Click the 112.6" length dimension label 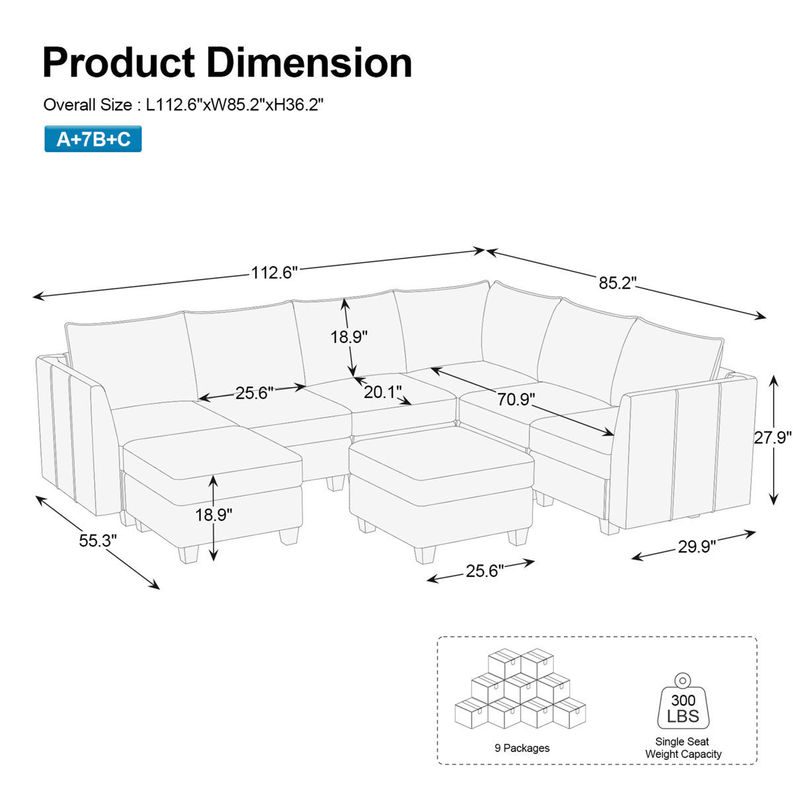point(274,272)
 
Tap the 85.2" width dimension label point(617,283)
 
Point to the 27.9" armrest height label point(773,437)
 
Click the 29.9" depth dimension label point(697,547)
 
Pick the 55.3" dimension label point(98,541)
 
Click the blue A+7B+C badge point(93,139)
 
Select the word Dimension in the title point(310,63)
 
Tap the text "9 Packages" point(522,748)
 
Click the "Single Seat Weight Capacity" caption point(683,748)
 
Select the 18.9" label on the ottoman point(213,515)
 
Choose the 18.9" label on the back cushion point(349,336)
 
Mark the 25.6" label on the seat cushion point(254,393)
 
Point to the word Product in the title point(119,63)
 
